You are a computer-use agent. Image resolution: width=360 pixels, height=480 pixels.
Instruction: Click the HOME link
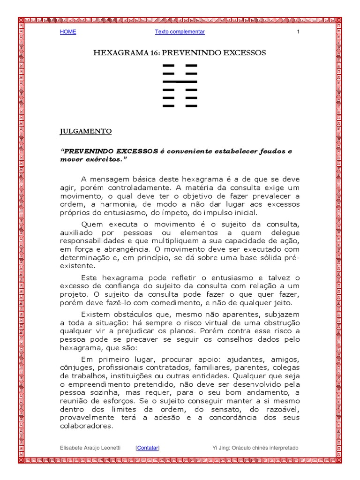point(68,32)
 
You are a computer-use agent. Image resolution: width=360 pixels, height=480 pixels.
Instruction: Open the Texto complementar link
point(180,32)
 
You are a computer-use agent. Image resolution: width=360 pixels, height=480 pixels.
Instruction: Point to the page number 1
point(298,32)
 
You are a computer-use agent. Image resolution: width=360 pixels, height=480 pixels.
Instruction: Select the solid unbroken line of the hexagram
point(180,82)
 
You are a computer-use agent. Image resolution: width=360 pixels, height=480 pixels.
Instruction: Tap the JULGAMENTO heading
point(86,132)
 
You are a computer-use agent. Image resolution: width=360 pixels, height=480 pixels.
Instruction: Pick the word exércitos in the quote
point(101,159)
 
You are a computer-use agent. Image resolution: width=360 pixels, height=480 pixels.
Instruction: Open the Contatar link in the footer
point(148,448)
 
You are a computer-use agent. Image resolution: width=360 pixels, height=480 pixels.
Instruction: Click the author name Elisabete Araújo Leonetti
point(90,448)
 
